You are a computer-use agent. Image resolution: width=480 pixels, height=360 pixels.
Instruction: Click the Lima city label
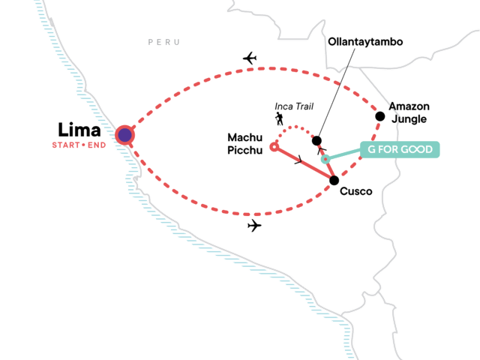pos(79,127)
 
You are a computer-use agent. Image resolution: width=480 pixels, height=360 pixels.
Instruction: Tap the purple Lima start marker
pos(124,135)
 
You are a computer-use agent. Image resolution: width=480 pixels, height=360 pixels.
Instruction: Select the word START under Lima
pos(66,145)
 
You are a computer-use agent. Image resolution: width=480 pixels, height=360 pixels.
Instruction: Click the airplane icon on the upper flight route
pos(250,58)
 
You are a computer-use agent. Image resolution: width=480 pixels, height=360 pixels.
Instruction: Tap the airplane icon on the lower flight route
pos(254,225)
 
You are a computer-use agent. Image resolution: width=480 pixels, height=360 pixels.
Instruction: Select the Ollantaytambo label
pos(365,42)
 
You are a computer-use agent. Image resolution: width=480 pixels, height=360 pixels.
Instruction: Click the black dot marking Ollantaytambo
pos(316,140)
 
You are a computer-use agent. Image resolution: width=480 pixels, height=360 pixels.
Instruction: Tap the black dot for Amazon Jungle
pos(380,115)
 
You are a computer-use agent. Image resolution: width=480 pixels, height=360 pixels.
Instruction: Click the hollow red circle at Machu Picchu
pos(274,147)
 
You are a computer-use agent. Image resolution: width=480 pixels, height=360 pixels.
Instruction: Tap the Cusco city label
pos(356,191)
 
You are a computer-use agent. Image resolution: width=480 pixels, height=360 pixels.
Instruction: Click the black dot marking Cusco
pos(334,179)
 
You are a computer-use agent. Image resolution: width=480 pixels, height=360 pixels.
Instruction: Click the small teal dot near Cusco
pos(325,159)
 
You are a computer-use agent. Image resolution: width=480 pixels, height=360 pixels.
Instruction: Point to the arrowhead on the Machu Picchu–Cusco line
pos(300,160)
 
